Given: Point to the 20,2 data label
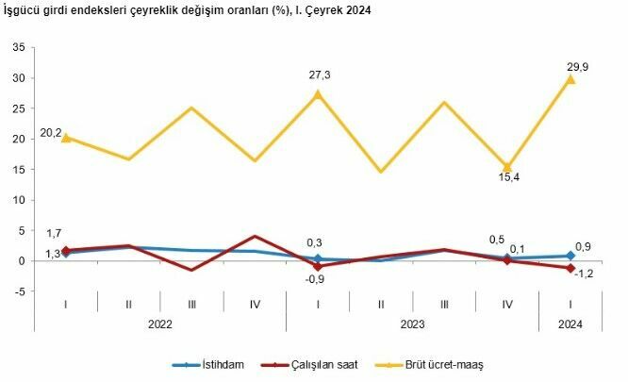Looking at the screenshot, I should (50, 133).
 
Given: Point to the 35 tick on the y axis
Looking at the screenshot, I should (17, 47).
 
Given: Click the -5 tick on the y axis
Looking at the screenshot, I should (17, 291).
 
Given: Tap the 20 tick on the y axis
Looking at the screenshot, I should (17, 139).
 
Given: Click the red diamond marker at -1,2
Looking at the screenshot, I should (570, 268).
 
